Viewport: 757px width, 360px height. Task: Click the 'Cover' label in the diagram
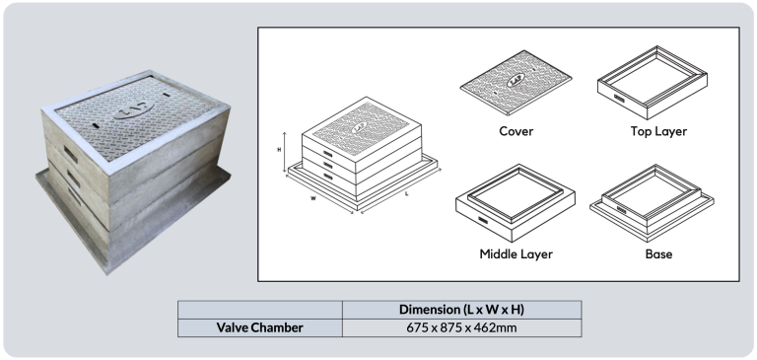tap(516, 131)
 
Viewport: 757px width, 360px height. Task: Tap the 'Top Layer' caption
tap(658, 131)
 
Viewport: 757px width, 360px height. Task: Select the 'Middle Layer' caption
tap(516, 254)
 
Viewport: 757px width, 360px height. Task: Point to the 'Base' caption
tap(658, 254)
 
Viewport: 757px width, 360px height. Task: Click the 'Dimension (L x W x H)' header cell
tap(461, 310)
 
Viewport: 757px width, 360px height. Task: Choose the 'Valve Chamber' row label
tap(260, 327)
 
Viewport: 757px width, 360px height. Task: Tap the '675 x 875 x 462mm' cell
tap(461, 327)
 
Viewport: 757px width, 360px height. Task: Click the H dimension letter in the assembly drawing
tap(279, 150)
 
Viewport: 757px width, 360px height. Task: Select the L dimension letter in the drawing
tap(407, 193)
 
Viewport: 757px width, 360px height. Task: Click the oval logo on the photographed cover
tap(133, 109)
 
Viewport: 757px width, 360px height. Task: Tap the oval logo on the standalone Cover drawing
tap(516, 82)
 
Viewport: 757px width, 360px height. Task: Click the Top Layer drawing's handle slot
tap(619, 101)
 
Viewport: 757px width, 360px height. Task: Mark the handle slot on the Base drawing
tap(621, 210)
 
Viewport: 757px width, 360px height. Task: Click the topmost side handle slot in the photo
tap(71, 154)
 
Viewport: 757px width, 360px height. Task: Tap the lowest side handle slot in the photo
tap(74, 196)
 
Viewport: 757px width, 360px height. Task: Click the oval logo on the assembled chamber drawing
tap(359, 127)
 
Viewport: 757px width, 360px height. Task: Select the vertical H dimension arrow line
tap(285, 153)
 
